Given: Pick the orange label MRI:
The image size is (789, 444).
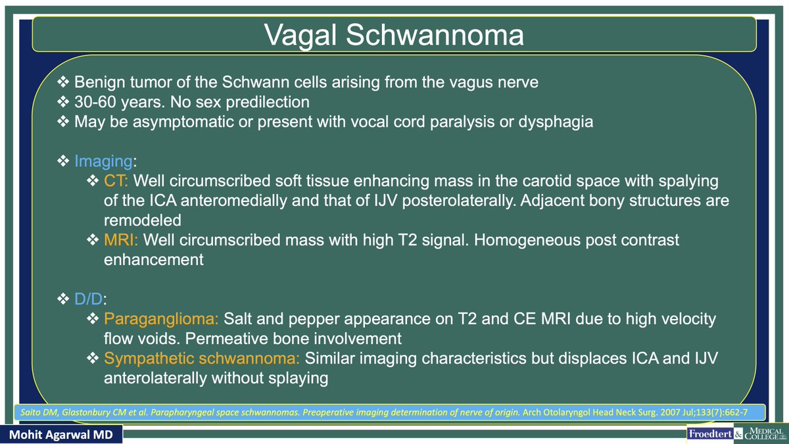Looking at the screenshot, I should (120, 240).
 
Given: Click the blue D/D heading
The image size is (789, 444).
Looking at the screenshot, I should (89, 300).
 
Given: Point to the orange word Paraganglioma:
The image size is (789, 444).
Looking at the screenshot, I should (162, 320).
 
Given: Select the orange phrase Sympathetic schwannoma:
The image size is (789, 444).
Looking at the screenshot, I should (203, 359).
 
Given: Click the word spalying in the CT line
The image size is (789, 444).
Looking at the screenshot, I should (684, 180).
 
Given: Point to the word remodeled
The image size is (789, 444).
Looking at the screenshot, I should (142, 219).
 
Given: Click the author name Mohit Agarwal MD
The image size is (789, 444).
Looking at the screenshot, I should (60, 435).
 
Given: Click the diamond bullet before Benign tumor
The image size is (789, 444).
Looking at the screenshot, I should (63, 82).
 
